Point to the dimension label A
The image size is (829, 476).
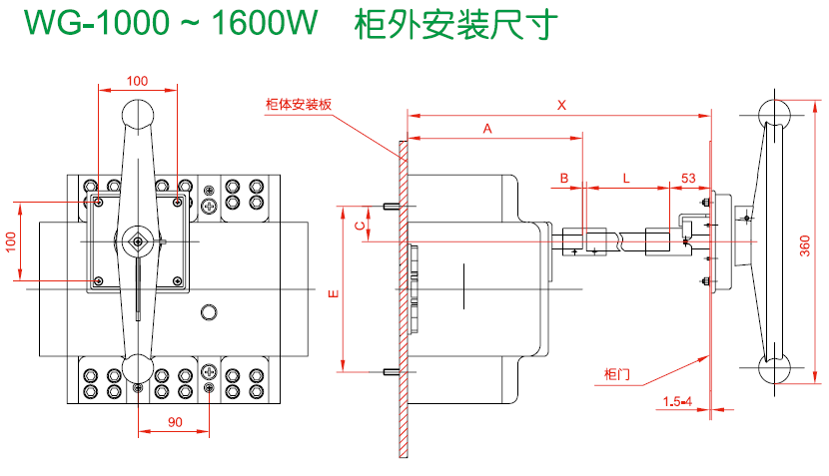point(487,129)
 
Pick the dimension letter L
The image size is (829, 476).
point(626,178)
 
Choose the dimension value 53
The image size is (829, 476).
point(688,178)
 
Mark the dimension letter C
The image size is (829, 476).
point(360,226)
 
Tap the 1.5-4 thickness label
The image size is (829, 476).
point(677,402)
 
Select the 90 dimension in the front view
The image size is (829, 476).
point(174,422)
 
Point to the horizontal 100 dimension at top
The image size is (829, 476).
point(137,80)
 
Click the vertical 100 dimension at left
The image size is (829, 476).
point(11,242)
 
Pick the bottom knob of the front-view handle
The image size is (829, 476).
point(137,367)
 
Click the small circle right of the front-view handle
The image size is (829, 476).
point(208,312)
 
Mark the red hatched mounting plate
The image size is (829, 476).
point(403,299)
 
